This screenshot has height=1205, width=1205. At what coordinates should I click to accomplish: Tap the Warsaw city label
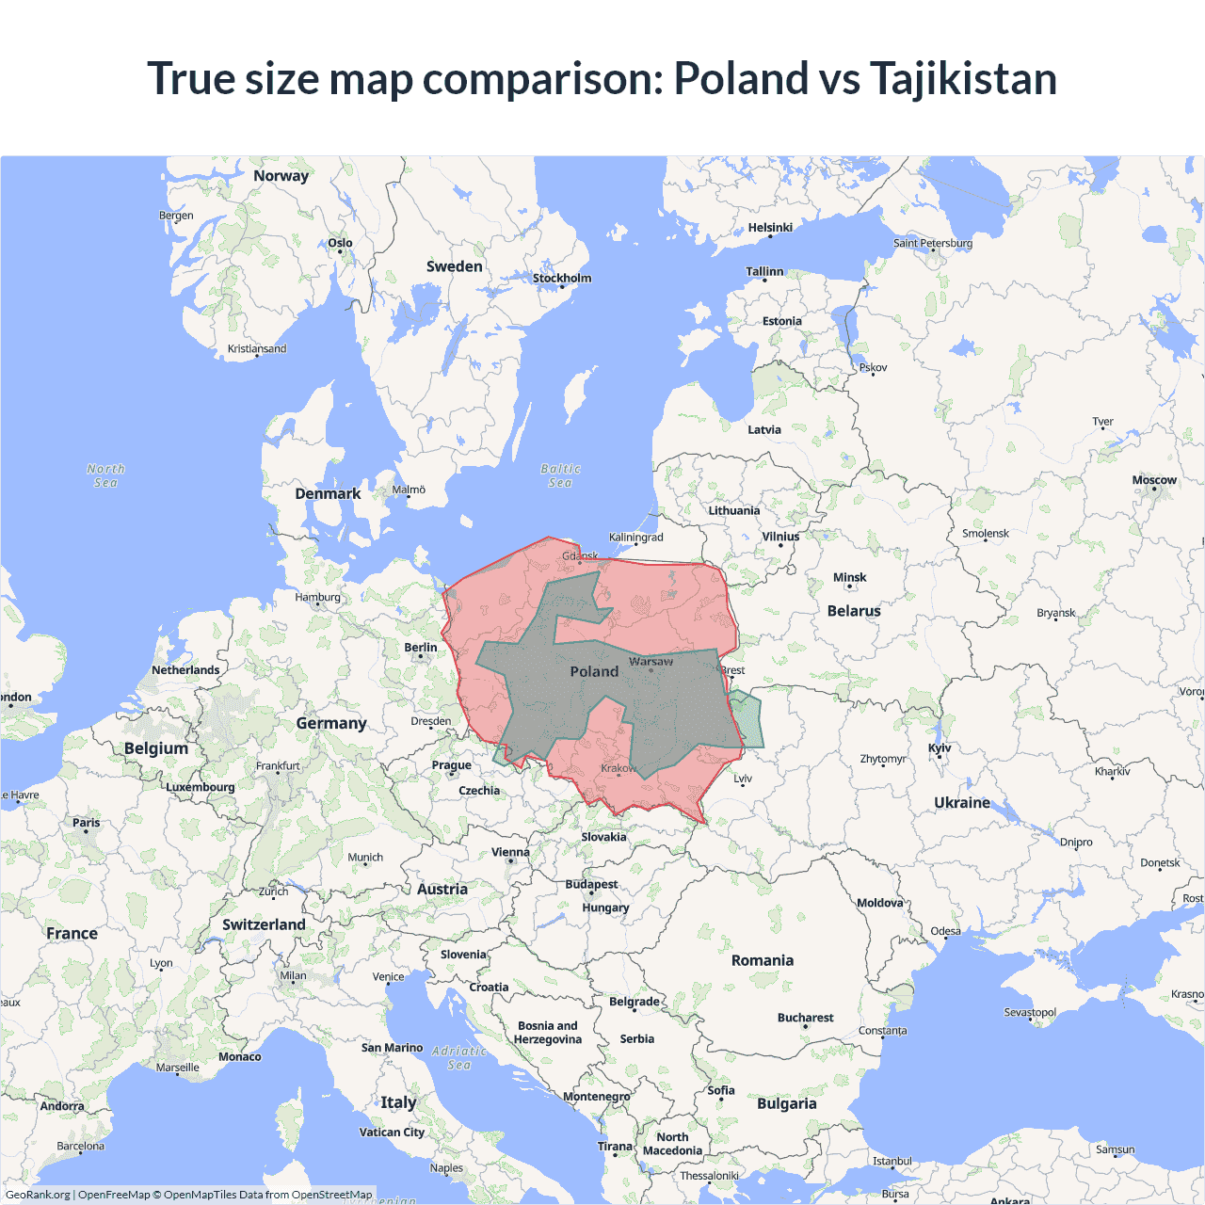pyautogui.click(x=651, y=662)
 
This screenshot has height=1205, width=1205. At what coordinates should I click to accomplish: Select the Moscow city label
pyautogui.click(x=1154, y=480)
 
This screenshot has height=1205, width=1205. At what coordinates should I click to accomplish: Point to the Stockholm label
pyautogui.click(x=562, y=278)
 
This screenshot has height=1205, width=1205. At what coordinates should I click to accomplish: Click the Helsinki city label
pyautogui.click(x=770, y=228)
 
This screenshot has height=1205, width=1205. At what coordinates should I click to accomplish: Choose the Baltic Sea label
pyautogui.click(x=560, y=475)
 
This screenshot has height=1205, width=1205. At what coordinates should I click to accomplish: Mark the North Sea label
pyautogui.click(x=105, y=475)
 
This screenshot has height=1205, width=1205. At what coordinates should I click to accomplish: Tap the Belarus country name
pyautogui.click(x=854, y=611)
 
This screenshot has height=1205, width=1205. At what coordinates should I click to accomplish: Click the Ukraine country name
pyautogui.click(x=962, y=803)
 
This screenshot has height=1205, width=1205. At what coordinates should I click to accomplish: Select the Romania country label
pyautogui.click(x=763, y=960)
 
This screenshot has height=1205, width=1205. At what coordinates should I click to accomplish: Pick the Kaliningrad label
pyautogui.click(x=635, y=538)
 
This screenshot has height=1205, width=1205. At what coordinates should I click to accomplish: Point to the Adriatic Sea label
pyautogui.click(x=459, y=1058)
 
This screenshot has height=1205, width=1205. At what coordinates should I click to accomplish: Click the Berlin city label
pyautogui.click(x=421, y=648)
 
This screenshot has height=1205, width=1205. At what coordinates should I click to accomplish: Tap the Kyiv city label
pyautogui.click(x=940, y=748)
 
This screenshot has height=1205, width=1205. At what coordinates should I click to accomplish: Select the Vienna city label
pyautogui.click(x=510, y=852)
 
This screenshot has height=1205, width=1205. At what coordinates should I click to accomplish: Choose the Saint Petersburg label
pyautogui.click(x=933, y=243)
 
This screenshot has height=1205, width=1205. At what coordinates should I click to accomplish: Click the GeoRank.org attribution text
pyautogui.click(x=38, y=1195)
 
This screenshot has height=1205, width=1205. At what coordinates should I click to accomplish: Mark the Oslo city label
pyautogui.click(x=340, y=243)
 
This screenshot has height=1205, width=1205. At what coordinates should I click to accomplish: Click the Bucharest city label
pyautogui.click(x=805, y=1018)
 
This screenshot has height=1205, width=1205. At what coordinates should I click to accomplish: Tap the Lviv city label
pyautogui.click(x=743, y=779)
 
